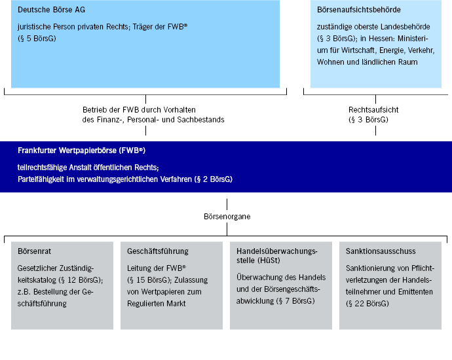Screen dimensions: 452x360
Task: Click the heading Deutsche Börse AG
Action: point(51,10)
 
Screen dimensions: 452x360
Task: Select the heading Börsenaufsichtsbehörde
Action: point(358,10)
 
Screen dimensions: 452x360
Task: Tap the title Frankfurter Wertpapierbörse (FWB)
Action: point(81,151)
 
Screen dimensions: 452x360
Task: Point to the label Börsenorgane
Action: point(227,217)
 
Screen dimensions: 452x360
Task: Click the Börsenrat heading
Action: point(34,251)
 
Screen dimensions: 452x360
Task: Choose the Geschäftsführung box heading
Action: point(158,251)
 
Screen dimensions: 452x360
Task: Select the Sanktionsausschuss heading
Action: point(381,251)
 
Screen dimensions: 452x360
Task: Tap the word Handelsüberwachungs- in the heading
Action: point(276,251)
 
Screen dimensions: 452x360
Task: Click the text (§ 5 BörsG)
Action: point(37,39)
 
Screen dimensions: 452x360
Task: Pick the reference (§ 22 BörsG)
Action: point(367,304)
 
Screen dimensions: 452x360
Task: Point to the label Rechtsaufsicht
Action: point(373,110)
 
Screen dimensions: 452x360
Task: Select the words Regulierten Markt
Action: point(157,304)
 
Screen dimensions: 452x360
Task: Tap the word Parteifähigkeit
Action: point(41,179)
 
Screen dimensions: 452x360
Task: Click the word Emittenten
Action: point(415,292)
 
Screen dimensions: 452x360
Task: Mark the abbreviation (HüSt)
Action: point(269,261)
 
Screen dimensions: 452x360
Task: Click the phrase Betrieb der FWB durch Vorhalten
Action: point(139,110)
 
